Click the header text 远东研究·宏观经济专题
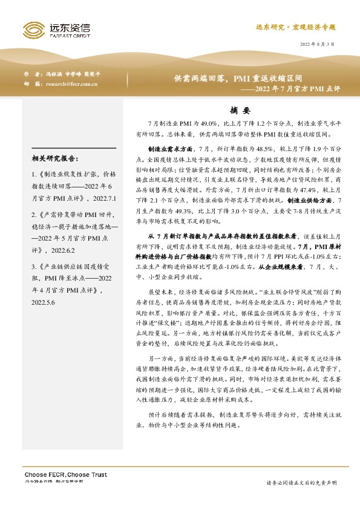tap(295, 27)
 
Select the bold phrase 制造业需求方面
tap(171, 148)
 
